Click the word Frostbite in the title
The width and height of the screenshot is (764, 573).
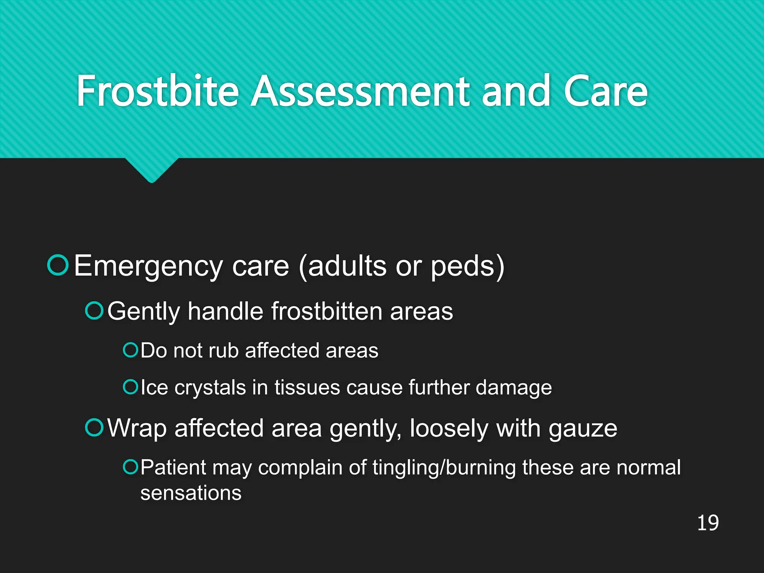click(x=157, y=91)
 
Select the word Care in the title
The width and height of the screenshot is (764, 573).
click(x=605, y=91)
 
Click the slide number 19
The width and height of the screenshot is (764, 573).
click(x=708, y=523)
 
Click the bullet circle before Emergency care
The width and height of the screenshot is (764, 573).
click(x=58, y=265)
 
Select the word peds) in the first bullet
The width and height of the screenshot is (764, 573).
click(x=467, y=266)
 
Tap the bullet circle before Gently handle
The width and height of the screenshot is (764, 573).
click(x=94, y=310)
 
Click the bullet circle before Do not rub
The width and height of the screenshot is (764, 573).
click(x=131, y=350)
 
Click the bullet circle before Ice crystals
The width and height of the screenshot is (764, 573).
click(x=131, y=387)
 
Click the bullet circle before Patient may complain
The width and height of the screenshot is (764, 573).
click(x=131, y=466)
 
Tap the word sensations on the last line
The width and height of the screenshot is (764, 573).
click(x=191, y=493)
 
